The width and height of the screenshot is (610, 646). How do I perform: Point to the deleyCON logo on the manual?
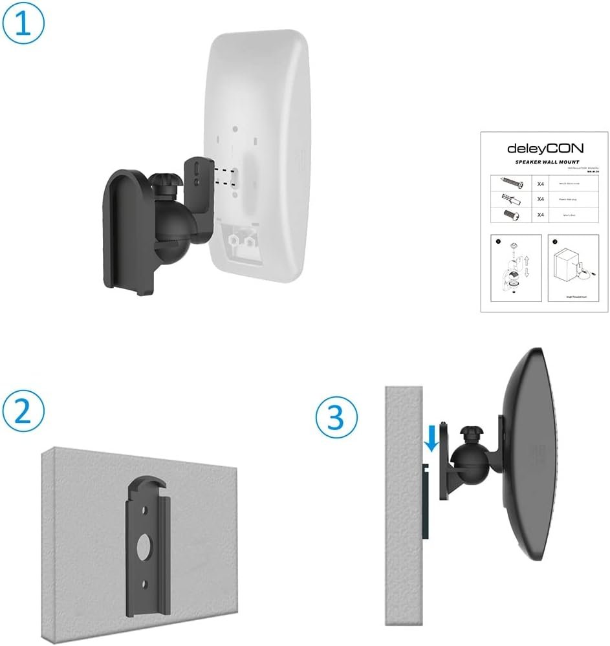coord(545,148)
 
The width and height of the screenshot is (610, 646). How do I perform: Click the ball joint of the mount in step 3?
coord(466,458)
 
